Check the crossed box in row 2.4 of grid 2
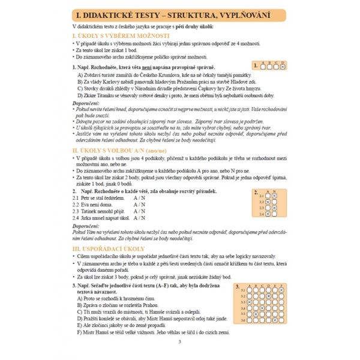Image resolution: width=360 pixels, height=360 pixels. tap(268, 212)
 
